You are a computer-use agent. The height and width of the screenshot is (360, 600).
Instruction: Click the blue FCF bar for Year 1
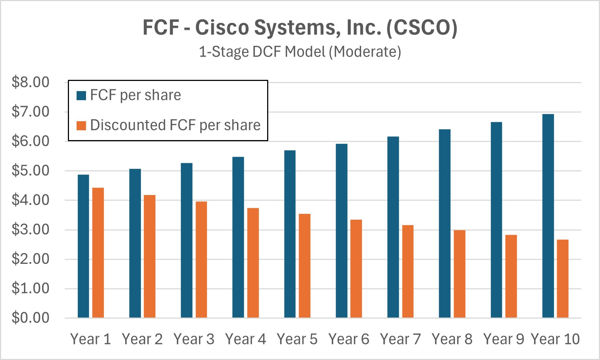coord(83,247)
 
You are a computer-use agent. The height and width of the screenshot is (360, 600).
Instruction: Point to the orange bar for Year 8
coord(460,274)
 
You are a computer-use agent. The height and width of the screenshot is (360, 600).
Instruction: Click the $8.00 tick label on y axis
coord(30,82)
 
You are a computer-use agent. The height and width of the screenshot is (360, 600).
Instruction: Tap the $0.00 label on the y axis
coord(30,318)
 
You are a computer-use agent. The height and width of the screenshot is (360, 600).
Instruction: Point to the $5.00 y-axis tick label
coord(30,171)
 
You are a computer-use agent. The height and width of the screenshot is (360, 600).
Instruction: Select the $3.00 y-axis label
coord(30,230)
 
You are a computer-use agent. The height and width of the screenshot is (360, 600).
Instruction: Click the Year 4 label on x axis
coord(245,339)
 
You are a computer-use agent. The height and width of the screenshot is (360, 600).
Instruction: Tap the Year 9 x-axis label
coord(503,339)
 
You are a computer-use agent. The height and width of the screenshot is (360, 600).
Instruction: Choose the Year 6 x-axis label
coord(348,339)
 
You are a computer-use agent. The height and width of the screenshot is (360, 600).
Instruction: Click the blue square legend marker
coord(81,96)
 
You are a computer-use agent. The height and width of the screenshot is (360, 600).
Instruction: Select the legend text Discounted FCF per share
coord(175,126)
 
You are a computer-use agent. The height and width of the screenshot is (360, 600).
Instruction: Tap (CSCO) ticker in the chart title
coord(421,28)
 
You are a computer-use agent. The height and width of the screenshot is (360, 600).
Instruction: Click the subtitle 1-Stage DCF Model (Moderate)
coord(300,52)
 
